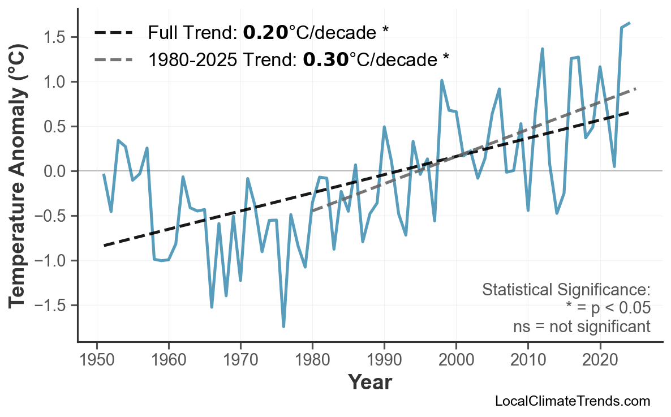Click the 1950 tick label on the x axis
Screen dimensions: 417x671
coord(97,360)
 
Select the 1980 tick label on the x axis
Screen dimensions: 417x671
coord(312,360)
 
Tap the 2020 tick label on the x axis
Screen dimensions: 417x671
coord(600,360)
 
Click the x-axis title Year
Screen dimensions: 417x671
coord(369,382)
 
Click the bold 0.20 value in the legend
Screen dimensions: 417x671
coord(265,33)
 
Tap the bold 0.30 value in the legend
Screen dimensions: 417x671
coord(326,58)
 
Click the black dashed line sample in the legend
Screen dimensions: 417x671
coord(113,33)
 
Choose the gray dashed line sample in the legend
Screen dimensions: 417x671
coord(113,58)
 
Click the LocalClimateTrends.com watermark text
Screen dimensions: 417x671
coord(572,401)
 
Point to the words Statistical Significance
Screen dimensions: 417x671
coord(566,290)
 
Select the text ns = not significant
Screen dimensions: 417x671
coord(582,326)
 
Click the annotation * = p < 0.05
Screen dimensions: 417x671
coord(608,308)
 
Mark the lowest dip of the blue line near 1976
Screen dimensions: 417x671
coord(283,326)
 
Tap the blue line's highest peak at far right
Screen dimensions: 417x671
coord(629,23)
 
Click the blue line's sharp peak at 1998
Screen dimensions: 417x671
coord(441,80)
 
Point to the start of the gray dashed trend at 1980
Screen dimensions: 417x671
coord(312,210)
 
